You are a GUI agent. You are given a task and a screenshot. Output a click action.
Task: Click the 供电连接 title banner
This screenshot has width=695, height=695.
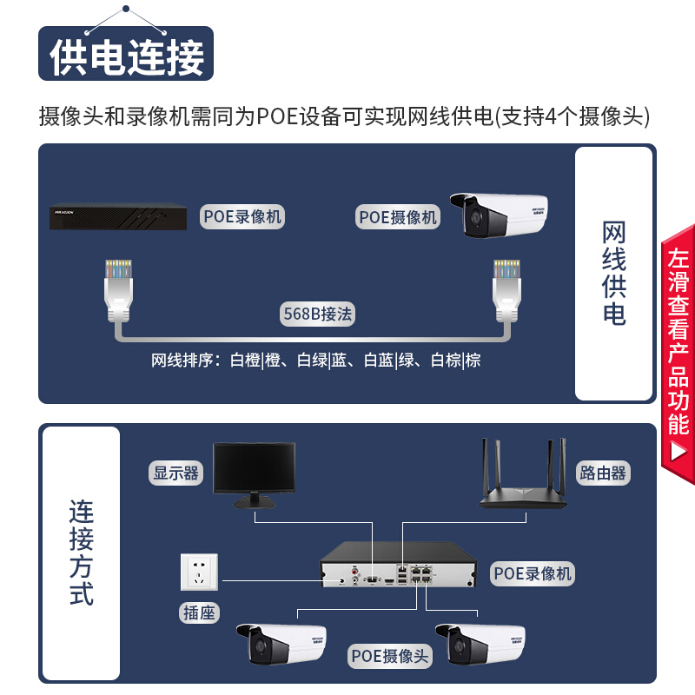click(126, 54)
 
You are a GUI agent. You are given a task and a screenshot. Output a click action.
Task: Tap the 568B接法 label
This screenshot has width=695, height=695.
click(317, 314)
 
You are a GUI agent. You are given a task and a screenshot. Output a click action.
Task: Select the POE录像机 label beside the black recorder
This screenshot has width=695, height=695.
click(242, 216)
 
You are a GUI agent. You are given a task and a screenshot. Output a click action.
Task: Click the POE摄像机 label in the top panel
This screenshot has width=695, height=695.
click(398, 217)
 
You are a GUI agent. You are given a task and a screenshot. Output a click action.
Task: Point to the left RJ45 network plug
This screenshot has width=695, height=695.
click(118, 290)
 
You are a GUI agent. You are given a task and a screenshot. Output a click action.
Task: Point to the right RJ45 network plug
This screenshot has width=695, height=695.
click(506, 290)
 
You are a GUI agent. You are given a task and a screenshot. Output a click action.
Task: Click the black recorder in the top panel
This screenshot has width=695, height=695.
click(118, 216)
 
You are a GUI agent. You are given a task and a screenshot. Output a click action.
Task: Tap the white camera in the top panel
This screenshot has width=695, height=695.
click(499, 215)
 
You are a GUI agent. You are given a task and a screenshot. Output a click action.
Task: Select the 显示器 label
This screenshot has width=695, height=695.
click(176, 473)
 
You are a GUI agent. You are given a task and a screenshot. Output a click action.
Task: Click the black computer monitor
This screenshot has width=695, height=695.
click(254, 474)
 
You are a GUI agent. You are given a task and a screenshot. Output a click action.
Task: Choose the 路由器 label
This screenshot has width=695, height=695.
click(602, 473)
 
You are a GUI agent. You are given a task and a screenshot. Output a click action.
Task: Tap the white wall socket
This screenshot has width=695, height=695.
click(199, 572)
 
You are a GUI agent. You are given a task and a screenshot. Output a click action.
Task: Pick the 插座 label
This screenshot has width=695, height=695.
click(199, 613)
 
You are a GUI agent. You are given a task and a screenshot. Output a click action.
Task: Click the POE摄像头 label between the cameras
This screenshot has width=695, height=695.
click(389, 656)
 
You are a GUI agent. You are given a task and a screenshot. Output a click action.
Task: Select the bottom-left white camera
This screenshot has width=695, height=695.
click(281, 644)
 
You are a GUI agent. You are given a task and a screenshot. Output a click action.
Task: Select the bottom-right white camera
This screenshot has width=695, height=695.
click(480, 644)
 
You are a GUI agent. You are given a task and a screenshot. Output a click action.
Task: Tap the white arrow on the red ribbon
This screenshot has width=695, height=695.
click(678, 452)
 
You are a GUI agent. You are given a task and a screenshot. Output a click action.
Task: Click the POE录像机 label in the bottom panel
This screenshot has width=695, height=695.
click(532, 573)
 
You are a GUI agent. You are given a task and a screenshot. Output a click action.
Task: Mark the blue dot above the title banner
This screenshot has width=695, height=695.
click(126, 9)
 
